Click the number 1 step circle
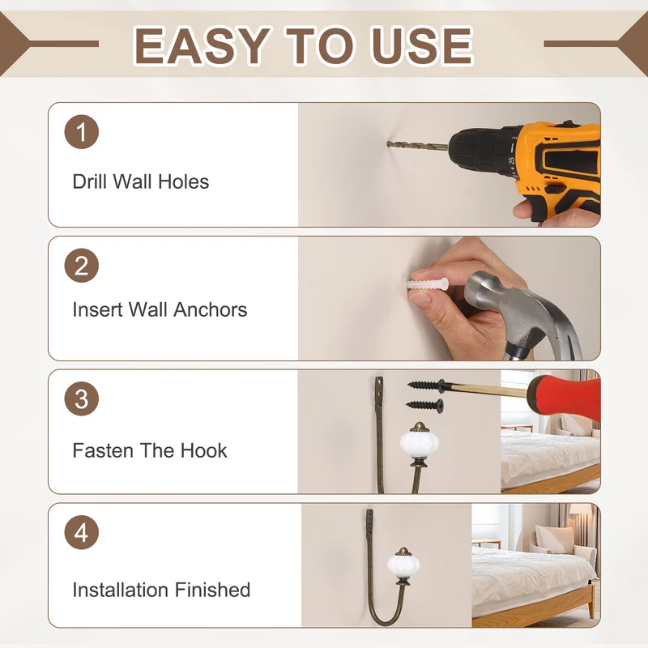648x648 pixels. (x=82, y=132)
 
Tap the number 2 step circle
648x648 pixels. (x=82, y=266)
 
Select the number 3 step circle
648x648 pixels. (x=82, y=399)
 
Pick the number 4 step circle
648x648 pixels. (x=82, y=532)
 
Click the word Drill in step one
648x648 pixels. (x=89, y=181)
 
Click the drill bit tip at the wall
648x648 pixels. (x=389, y=143)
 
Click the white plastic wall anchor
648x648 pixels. (x=428, y=284)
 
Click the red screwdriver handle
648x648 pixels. (x=565, y=398)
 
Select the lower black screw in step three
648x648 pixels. (x=424, y=405)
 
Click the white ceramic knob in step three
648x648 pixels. (x=419, y=443)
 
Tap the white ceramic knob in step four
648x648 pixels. (x=403, y=565)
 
